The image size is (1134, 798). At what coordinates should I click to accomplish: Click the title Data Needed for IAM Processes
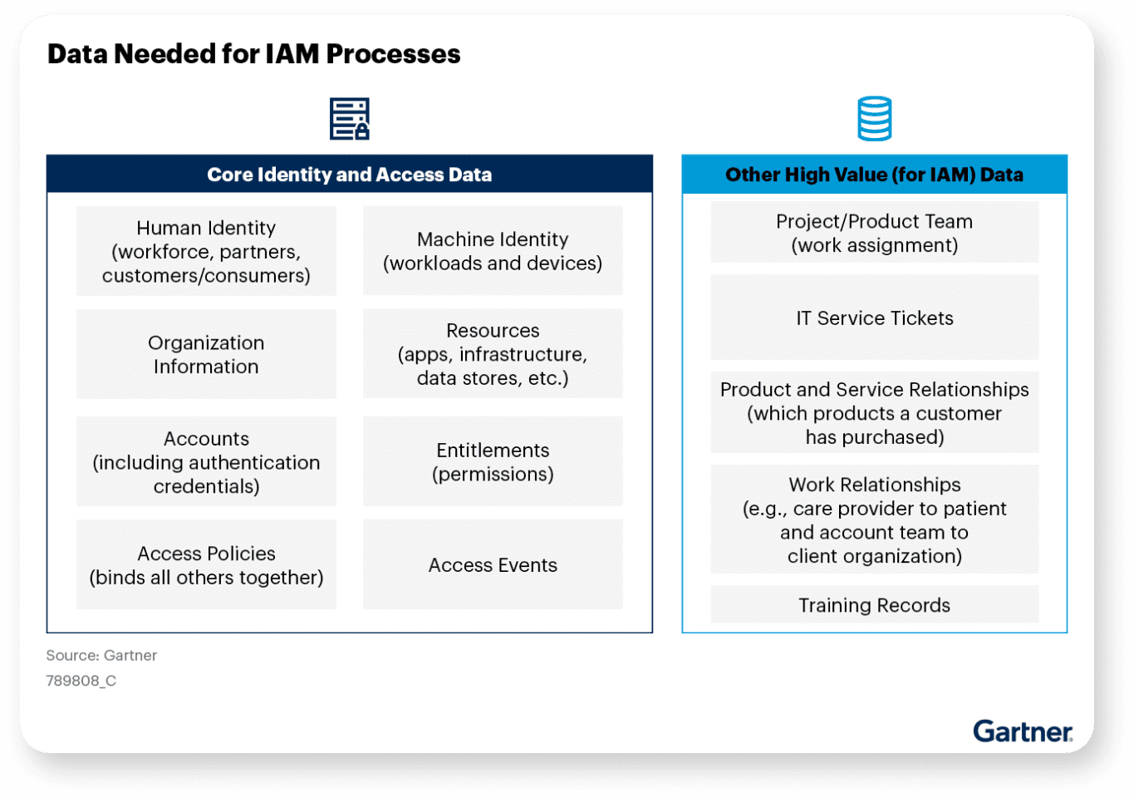tap(253, 54)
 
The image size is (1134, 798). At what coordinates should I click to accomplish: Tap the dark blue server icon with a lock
tap(349, 119)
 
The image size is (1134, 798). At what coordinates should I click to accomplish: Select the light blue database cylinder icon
tap(874, 119)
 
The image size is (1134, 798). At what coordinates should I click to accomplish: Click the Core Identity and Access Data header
tap(349, 175)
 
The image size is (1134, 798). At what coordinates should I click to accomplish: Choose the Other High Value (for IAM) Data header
tap(874, 175)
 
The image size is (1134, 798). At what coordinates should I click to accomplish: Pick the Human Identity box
tap(206, 251)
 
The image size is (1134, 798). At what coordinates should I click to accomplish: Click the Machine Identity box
tap(493, 251)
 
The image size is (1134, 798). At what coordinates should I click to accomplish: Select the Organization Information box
tap(206, 354)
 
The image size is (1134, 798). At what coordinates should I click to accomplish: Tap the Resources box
tap(493, 354)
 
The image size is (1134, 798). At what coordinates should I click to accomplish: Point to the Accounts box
tap(206, 461)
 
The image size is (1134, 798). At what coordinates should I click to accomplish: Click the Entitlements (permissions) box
tap(493, 461)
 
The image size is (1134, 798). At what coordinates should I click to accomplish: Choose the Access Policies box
tap(206, 564)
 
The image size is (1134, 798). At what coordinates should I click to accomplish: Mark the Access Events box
tap(493, 564)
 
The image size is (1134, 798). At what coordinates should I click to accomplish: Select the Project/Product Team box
tap(874, 233)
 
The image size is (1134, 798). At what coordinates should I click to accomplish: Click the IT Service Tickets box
tap(874, 318)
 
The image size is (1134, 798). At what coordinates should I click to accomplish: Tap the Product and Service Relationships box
tap(874, 412)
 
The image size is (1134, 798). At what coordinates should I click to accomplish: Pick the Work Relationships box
tap(874, 520)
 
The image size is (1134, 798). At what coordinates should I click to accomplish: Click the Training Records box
tap(874, 604)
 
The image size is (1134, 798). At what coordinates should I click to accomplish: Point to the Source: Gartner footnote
tap(101, 655)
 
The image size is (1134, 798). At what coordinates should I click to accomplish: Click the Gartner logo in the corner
tap(1022, 731)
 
